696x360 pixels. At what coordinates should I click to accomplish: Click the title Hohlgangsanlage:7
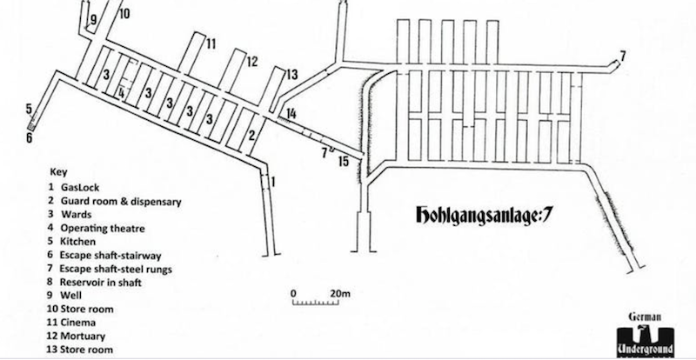484,215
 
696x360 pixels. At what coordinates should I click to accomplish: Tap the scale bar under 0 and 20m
315,303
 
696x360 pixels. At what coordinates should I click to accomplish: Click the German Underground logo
645,335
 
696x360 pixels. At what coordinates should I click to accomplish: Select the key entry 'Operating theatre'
97,228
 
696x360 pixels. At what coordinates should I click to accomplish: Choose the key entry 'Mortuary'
76,336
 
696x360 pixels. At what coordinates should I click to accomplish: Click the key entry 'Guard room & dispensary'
115,201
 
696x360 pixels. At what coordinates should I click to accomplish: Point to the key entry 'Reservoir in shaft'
95,283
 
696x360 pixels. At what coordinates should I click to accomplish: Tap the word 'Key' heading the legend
58,172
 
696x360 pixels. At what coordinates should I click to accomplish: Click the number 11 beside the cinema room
211,44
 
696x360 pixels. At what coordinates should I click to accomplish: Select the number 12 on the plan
251,61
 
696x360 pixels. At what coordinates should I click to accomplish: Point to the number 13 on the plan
291,74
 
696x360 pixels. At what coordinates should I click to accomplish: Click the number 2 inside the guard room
251,135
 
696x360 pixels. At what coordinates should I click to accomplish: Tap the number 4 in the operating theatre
121,93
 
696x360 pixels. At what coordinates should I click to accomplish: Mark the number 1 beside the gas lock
273,182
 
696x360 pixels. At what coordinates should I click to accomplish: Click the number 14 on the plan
291,113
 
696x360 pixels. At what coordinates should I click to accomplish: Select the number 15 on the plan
344,160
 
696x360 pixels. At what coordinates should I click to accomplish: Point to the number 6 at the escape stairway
29,137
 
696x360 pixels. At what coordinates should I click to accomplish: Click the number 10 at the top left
124,13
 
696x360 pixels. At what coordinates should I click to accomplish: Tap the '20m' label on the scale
340,293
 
